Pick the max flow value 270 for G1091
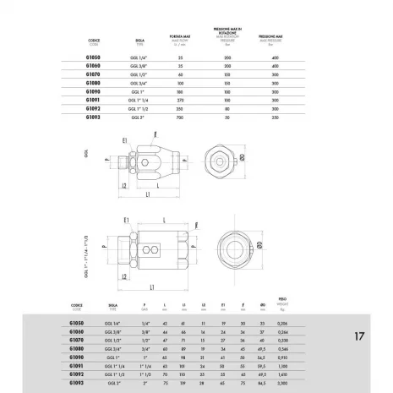(x=177, y=98)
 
